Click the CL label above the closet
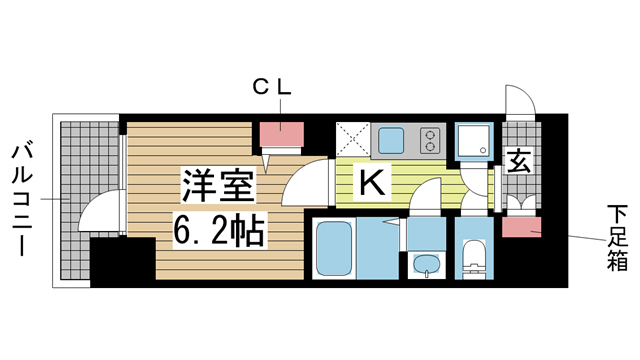click(x=270, y=88)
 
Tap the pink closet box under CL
click(x=283, y=134)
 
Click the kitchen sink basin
click(x=389, y=139)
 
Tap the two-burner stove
click(x=430, y=139)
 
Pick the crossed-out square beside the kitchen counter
click(x=353, y=139)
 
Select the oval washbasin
click(x=427, y=265)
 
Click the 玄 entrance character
click(x=520, y=161)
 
